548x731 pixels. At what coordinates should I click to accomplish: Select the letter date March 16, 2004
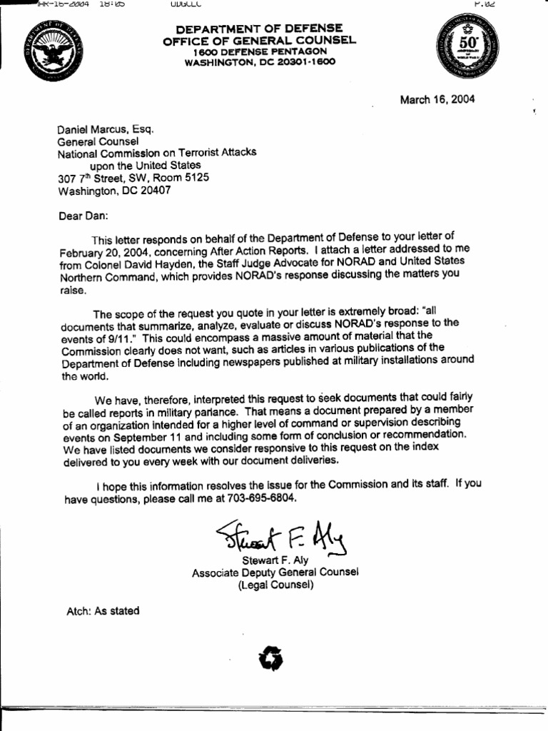[x=437, y=99]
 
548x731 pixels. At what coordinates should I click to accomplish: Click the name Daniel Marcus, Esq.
[x=105, y=128]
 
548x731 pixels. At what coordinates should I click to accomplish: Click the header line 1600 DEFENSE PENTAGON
[x=255, y=51]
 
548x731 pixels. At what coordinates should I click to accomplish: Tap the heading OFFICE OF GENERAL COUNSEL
[x=255, y=40]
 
